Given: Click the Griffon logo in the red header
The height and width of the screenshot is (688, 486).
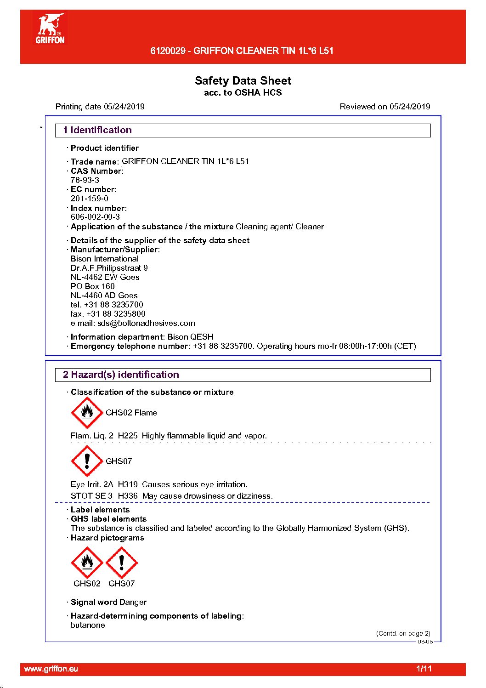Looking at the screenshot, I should click(x=50, y=29).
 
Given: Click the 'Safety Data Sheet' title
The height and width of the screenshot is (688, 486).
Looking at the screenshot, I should click(x=243, y=81).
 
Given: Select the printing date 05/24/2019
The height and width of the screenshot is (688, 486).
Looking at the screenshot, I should click(x=124, y=107).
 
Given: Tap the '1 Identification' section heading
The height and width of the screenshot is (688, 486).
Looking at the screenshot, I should click(x=97, y=130).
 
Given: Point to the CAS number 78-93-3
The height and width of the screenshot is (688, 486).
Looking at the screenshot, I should click(x=85, y=180).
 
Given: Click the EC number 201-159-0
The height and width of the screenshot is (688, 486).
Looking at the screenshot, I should click(x=90, y=199).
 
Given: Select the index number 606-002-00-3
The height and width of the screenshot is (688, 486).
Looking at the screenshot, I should click(x=95, y=217).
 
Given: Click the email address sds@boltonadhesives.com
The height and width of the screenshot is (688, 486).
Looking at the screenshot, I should click(x=146, y=323).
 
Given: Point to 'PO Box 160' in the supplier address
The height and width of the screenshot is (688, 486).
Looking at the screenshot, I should click(x=93, y=286).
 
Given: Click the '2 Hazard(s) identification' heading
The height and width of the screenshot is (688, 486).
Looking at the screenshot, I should click(x=121, y=375).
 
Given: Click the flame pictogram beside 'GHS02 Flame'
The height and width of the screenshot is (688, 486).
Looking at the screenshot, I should click(x=87, y=412).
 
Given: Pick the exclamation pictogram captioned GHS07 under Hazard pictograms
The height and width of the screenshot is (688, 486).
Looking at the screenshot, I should click(x=122, y=563).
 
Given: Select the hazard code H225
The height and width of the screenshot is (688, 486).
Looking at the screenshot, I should click(x=128, y=436).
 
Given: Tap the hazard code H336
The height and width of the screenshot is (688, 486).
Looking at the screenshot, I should click(x=128, y=496).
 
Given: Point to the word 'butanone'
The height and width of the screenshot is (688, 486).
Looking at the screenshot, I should click(x=88, y=625).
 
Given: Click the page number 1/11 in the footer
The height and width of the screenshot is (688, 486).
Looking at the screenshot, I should click(x=424, y=669).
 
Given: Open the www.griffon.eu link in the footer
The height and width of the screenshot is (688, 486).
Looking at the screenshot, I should click(x=51, y=669).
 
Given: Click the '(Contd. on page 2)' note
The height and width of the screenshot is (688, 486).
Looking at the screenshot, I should click(x=403, y=633).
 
